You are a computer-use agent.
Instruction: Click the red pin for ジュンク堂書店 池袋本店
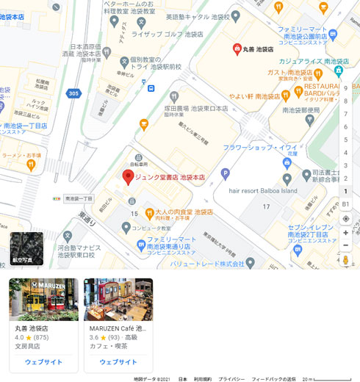click(x=127, y=176)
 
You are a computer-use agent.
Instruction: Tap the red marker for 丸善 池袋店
click(x=237, y=49)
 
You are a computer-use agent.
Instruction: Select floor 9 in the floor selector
click(x=345, y=88)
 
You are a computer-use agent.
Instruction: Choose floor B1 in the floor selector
click(x=345, y=203)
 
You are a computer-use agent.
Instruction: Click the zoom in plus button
click(x=345, y=233)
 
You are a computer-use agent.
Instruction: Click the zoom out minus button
click(x=345, y=245)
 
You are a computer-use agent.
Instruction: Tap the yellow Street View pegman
click(x=345, y=260)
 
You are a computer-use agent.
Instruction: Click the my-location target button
click(x=345, y=218)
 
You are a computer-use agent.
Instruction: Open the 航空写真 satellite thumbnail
click(x=26, y=248)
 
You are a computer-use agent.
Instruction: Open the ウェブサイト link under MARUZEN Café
click(x=118, y=361)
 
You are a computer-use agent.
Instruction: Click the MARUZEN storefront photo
click(x=43, y=299)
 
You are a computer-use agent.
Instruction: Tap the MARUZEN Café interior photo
click(x=118, y=299)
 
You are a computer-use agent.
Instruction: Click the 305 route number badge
click(x=73, y=93)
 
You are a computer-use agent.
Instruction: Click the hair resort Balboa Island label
click(x=273, y=190)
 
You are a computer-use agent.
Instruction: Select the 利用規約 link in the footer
click(x=203, y=379)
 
